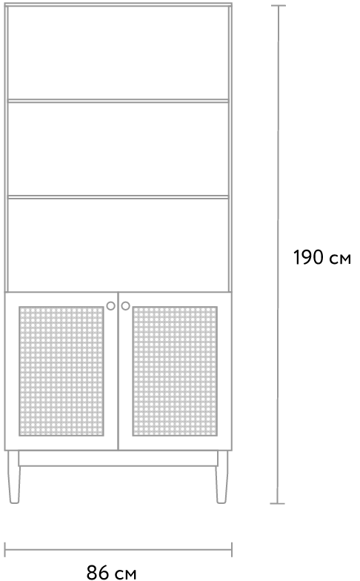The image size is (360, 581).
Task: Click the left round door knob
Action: (x=111, y=305)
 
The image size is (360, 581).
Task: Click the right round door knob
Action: (x=126, y=305)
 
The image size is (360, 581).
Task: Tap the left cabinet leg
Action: (x=14, y=477)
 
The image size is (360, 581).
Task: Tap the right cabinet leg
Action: (x=222, y=477)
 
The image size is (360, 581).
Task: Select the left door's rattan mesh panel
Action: (x=61, y=371)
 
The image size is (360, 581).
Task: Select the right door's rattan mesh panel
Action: (x=175, y=371)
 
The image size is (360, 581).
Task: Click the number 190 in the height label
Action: (x=308, y=258)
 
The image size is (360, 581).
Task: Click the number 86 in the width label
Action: (x=98, y=572)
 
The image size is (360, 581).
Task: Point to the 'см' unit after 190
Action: (x=340, y=259)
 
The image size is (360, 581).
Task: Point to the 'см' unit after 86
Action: (x=126, y=574)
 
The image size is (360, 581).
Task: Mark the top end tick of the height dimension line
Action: (x=278, y=6)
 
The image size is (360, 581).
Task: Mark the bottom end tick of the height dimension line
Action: (x=278, y=504)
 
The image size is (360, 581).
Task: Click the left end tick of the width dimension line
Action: (x=5, y=550)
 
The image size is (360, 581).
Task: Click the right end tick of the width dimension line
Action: (x=231, y=550)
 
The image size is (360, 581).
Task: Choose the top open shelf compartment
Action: (x=119, y=53)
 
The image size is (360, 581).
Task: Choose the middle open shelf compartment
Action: (x=119, y=148)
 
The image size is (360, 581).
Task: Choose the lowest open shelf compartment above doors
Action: (x=119, y=245)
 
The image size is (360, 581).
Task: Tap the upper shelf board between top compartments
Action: (x=119, y=101)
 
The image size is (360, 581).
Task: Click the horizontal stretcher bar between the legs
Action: (x=119, y=458)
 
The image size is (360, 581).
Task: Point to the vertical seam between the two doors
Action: (x=119, y=371)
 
